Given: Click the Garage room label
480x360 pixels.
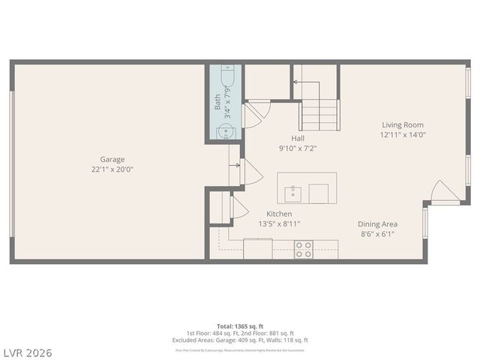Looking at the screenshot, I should [x=112, y=159].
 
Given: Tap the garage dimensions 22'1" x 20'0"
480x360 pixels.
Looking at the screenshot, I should [x=112, y=169].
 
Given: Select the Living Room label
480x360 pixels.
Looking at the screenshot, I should [x=403, y=125].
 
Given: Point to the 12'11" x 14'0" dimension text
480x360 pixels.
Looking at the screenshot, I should [x=403, y=136].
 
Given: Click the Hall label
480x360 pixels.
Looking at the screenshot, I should [x=298, y=138].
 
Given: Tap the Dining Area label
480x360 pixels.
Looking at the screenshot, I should [x=377, y=223].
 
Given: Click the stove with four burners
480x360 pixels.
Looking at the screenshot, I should [x=304, y=249].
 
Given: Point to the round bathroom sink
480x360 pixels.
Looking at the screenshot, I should [x=225, y=132].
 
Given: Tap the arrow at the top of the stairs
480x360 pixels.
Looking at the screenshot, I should [x=295, y=80].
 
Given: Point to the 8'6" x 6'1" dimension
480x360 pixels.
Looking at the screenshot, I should [x=377, y=234].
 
